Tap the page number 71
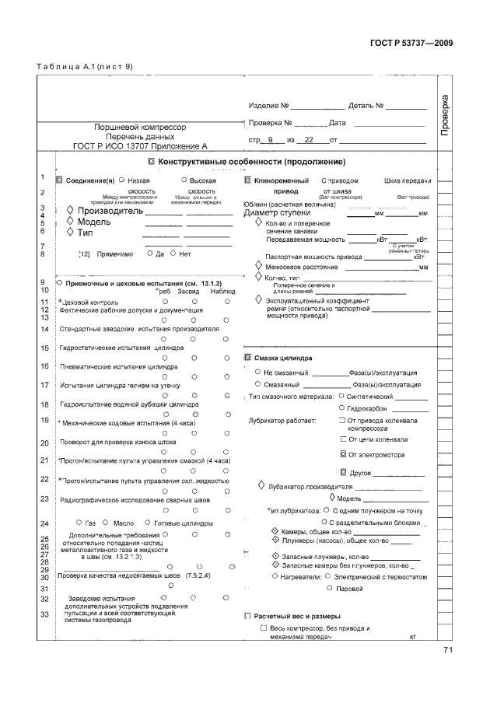click(448, 650)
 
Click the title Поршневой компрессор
click(140, 124)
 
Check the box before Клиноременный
click(248, 180)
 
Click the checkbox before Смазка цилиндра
click(248, 358)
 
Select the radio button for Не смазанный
click(257, 372)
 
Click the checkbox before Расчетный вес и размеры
click(247, 615)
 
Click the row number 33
click(45, 614)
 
